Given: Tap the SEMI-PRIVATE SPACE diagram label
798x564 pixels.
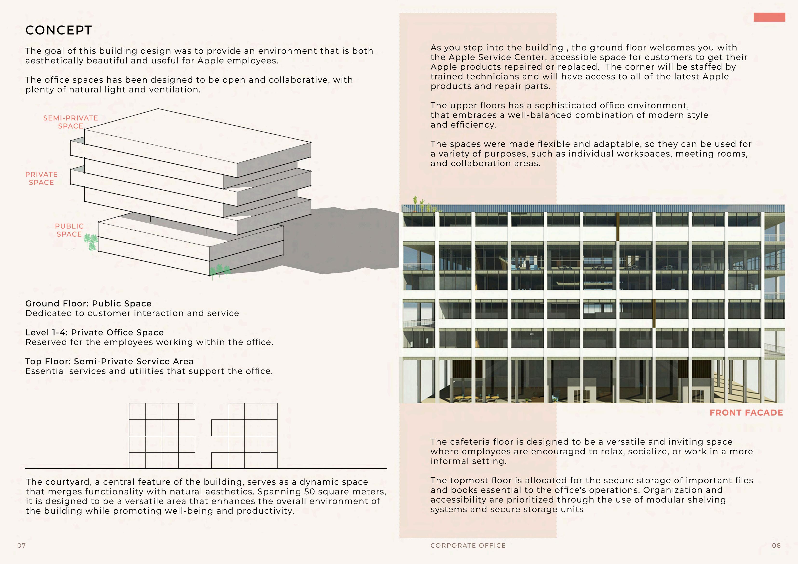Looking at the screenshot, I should tap(71, 122).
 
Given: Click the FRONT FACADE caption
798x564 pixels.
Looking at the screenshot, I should tap(746, 413).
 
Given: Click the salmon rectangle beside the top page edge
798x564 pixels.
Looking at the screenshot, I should tap(769, 17).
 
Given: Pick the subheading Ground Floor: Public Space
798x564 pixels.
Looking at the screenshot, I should tap(88, 304).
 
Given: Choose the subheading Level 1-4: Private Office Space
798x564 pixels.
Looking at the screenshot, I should tap(94, 332).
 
